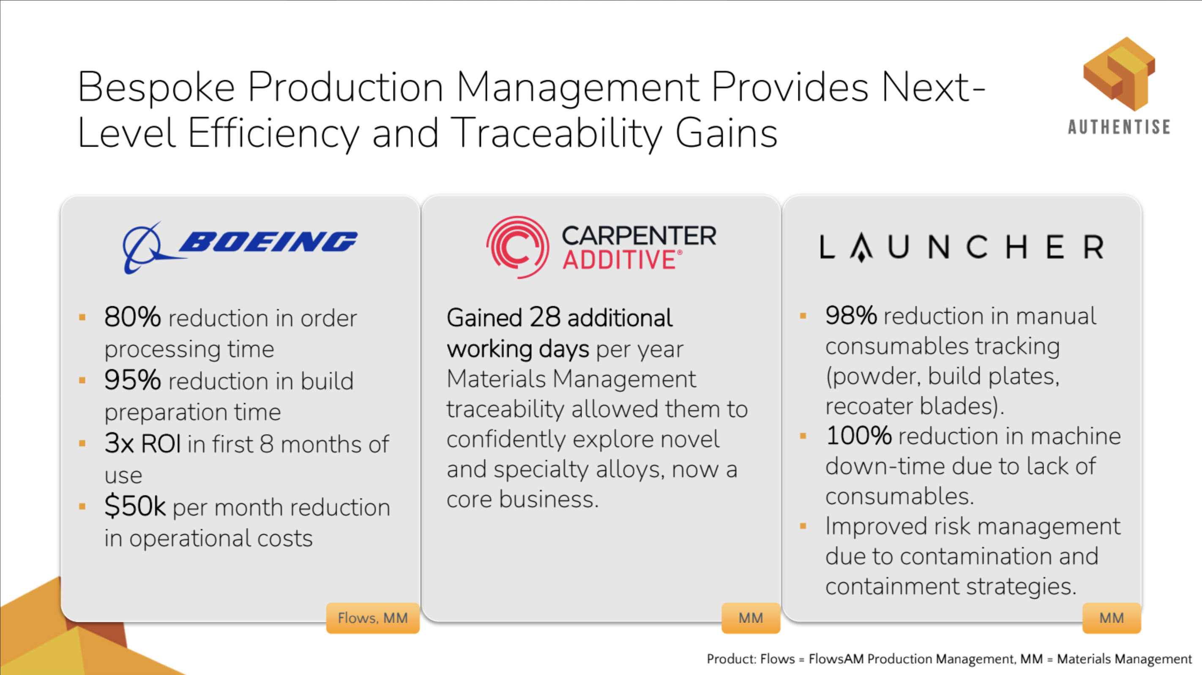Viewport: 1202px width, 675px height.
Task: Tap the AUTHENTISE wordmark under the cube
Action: tap(1119, 127)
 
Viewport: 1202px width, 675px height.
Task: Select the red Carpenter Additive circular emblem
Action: tap(517, 247)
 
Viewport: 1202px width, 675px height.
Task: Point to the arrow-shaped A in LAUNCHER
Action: tap(861, 247)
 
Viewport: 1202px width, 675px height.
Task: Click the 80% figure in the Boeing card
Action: tap(133, 317)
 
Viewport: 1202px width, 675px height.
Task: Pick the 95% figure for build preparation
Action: tap(133, 380)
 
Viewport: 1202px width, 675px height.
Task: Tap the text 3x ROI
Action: tap(142, 443)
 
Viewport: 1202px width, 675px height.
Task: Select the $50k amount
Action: tap(135, 506)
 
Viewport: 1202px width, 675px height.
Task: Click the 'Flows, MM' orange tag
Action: tap(373, 618)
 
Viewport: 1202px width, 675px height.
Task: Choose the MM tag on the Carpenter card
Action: tap(751, 618)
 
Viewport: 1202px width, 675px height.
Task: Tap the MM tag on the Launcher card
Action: tap(1112, 618)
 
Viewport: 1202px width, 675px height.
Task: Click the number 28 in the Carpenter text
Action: tap(545, 317)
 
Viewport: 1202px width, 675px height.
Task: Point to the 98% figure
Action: tap(851, 316)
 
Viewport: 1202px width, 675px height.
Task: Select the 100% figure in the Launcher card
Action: tap(858, 435)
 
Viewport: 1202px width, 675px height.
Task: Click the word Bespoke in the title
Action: tap(156, 88)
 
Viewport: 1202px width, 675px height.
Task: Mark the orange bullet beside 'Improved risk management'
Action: tap(803, 527)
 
